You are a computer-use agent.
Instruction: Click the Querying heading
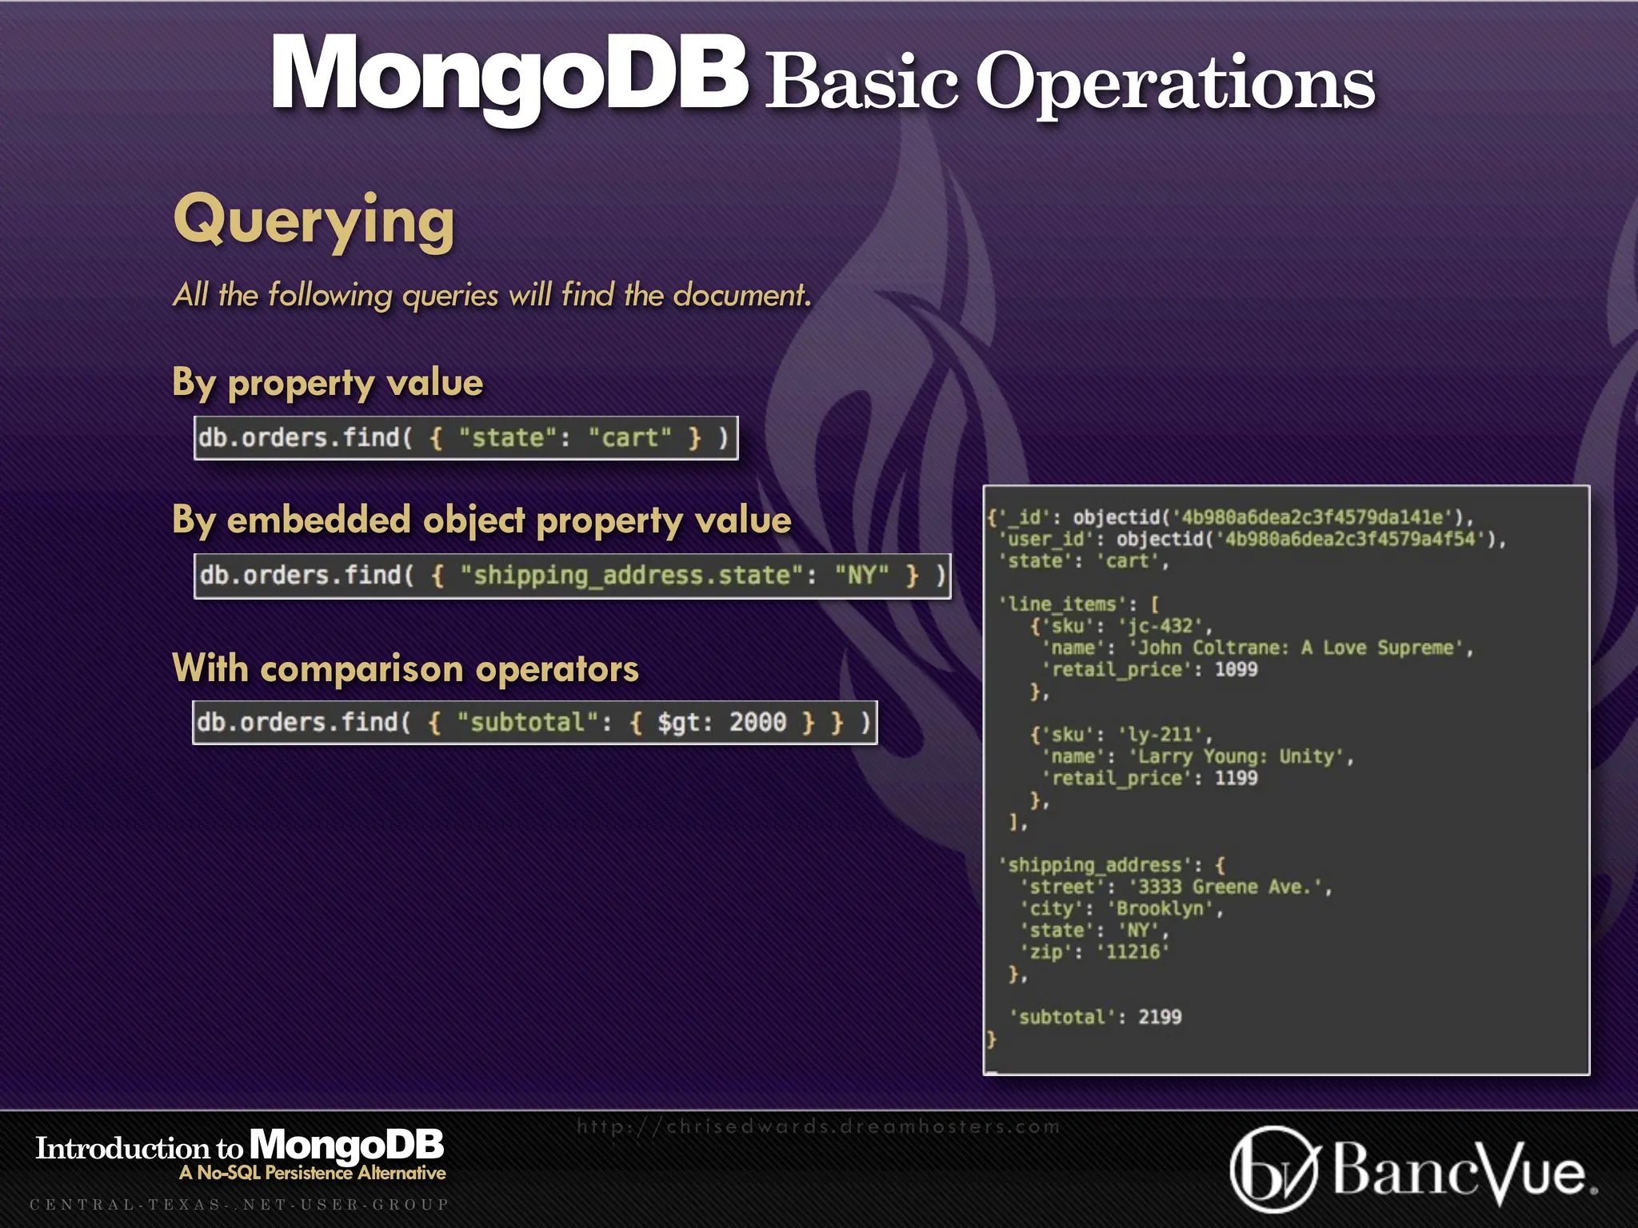(x=314, y=221)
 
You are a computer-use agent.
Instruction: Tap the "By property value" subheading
(x=327, y=383)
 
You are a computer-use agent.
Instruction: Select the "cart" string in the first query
(x=629, y=438)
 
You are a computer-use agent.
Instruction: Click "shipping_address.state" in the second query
(x=631, y=576)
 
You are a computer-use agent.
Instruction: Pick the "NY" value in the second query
(x=861, y=576)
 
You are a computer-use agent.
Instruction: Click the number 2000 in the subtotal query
(x=757, y=723)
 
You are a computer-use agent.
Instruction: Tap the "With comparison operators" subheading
(x=406, y=668)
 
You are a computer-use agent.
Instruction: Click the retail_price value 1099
(x=1236, y=669)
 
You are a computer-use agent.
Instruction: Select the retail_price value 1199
(x=1236, y=778)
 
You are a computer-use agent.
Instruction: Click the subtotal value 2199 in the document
(x=1160, y=1017)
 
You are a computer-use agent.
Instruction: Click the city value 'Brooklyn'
(x=1165, y=909)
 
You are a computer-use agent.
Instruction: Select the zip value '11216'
(x=1133, y=952)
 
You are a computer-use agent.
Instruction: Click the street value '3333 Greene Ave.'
(x=1228, y=887)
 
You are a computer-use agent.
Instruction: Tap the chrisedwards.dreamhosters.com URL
(x=818, y=1126)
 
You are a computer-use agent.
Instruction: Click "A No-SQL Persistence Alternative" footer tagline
(x=313, y=1173)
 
